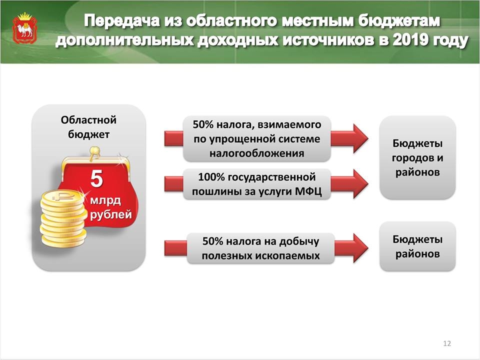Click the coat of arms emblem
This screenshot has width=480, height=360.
[25, 28]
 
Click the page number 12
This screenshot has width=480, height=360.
[447, 343]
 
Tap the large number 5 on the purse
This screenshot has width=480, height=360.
[96, 179]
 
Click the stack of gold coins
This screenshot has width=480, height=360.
[63, 218]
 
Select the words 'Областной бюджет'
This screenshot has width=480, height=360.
[88, 126]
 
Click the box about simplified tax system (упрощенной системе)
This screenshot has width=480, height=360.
[257, 138]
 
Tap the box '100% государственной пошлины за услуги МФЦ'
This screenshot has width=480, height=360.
[257, 184]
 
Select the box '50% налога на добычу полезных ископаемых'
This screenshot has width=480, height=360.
[260, 248]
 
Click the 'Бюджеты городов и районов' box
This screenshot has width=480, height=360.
[417, 157]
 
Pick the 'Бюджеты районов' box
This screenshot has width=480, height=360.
[417, 246]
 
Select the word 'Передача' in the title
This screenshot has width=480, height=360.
[122, 21]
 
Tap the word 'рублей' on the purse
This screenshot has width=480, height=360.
[111, 214]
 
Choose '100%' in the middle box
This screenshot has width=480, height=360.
[211, 177]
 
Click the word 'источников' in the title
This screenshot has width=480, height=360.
[328, 40]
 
